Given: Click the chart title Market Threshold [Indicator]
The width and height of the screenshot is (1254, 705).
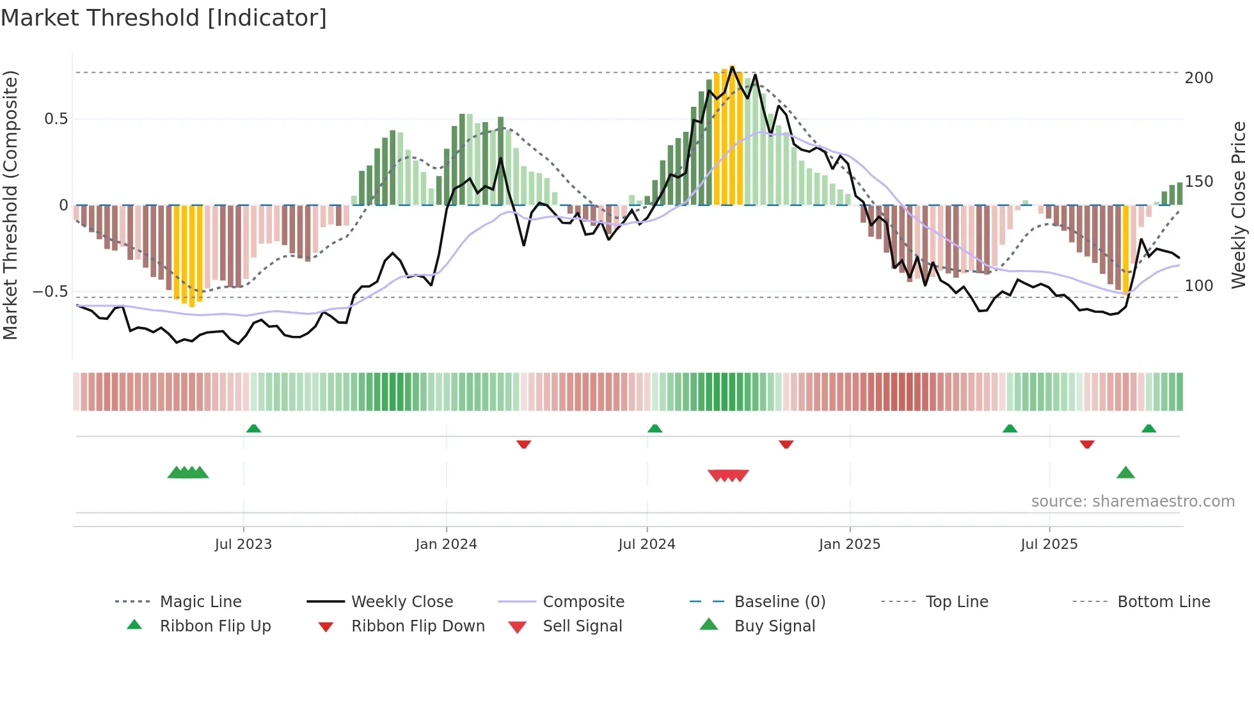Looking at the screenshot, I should point(164,18).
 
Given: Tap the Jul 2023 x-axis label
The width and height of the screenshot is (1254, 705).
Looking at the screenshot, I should point(243,544).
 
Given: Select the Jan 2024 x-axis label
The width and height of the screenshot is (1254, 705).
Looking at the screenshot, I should point(446,544).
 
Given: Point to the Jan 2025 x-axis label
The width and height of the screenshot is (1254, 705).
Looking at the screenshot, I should point(850,544).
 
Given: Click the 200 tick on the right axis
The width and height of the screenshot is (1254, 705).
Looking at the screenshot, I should point(1198,78).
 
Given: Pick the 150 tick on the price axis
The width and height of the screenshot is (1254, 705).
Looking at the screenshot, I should point(1198,182).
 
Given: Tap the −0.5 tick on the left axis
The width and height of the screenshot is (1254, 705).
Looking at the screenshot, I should point(50,292).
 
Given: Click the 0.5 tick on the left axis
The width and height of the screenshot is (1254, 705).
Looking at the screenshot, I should point(56,119).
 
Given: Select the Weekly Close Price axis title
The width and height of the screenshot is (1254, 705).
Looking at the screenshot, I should point(1239,205).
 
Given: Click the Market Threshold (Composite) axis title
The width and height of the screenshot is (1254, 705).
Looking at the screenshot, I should point(10,205).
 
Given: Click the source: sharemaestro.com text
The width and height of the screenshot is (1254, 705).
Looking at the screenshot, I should point(1132,502).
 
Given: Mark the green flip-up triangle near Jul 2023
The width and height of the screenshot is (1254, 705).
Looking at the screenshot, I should point(253,429).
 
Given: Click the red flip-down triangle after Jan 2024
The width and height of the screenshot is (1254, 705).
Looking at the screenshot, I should point(523,444).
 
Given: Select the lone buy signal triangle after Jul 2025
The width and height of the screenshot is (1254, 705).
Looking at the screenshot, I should point(1125,473).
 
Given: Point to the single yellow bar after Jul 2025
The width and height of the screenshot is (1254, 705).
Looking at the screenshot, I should point(1126,250).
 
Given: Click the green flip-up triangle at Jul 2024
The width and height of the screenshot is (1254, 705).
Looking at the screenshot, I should point(655,429).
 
